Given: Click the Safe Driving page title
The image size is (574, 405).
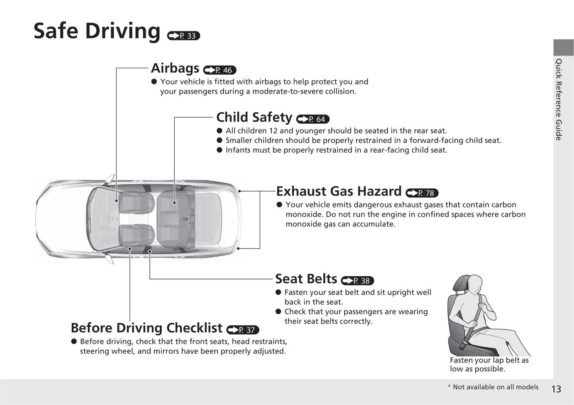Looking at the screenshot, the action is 97,31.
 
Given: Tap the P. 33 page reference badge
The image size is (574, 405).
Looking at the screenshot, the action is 184,36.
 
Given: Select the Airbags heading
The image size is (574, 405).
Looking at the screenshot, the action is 175,68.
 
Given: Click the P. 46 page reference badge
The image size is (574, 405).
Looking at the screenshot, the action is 220,70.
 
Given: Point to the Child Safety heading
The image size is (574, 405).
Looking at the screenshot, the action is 254,117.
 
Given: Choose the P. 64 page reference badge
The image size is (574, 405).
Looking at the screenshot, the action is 313,119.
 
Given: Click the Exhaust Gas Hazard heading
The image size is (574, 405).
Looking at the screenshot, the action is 339,191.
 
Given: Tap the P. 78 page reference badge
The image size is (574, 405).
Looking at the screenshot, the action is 422,193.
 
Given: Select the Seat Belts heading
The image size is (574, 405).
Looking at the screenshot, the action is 306,279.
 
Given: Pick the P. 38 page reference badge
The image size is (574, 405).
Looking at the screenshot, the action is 358,281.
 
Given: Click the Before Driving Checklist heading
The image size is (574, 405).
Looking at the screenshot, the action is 147,328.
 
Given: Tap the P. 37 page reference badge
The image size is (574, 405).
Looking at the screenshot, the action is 243,329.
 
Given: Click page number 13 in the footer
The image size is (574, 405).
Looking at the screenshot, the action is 556,389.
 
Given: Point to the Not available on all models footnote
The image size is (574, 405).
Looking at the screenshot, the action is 493,387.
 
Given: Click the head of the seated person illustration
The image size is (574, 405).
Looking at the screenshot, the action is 474,285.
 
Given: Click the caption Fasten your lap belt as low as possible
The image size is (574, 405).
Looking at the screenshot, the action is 489,364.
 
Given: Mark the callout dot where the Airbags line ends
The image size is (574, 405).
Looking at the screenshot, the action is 116,201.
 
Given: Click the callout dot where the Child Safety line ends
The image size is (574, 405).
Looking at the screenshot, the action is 174,203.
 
